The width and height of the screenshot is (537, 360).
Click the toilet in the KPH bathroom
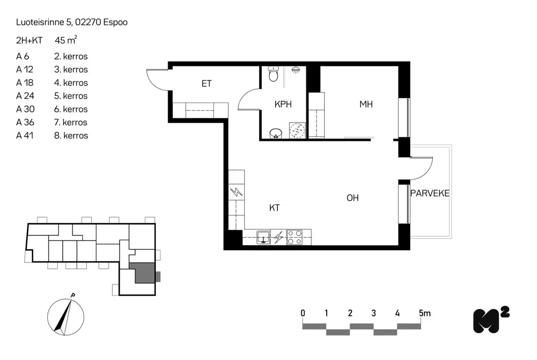point(273,74)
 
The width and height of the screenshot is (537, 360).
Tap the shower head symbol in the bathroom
point(295,70)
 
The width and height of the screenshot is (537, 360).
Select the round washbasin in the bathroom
point(275,133)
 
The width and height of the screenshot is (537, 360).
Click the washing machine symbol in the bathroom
point(297,130)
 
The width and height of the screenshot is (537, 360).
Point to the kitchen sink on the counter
point(264,237)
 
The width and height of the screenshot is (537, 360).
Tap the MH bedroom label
point(366,104)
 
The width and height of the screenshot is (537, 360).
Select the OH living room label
point(353,198)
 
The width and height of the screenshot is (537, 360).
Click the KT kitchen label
point(275,208)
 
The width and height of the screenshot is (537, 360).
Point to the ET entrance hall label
point(206,84)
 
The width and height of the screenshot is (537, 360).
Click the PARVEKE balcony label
point(430,193)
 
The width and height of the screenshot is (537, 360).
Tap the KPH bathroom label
point(283,104)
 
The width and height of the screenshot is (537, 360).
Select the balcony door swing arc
point(423,168)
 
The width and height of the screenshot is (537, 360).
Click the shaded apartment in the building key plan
point(145,273)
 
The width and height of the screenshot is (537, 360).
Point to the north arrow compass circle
point(64,317)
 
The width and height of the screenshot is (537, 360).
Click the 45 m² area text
point(65,40)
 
